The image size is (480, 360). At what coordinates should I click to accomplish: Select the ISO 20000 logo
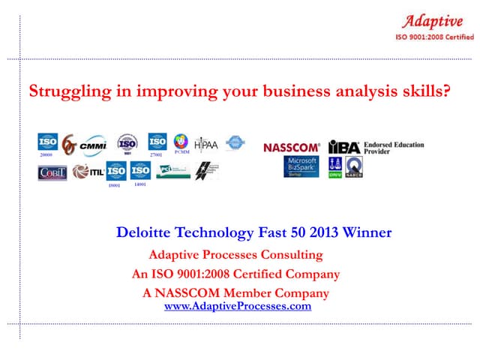pos(48,142)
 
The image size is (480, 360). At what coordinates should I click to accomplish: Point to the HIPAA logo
pos(205,143)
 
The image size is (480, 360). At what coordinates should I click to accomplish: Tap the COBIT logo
pos(52,173)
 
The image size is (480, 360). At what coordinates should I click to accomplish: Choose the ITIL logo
pos(88,172)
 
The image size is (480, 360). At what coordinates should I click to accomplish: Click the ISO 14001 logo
pos(140,172)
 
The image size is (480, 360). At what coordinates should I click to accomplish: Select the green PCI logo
pos(172,171)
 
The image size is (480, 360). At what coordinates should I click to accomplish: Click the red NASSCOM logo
pos(291,148)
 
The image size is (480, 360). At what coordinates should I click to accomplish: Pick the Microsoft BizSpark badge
pos(302,166)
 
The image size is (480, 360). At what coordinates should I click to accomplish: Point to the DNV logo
pos(335,167)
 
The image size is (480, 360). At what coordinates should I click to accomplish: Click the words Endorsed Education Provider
pos(394,148)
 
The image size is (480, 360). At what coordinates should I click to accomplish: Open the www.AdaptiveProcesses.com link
pos(237,306)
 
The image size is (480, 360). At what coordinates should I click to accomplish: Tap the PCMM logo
pos(180,142)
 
